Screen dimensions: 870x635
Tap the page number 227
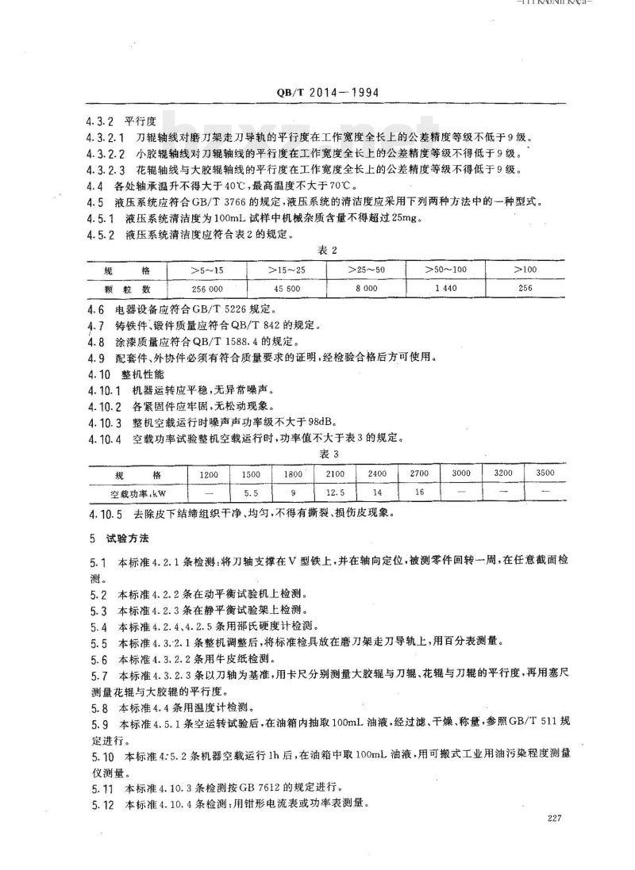click(555, 819)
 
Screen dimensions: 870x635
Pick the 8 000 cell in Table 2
click(366, 288)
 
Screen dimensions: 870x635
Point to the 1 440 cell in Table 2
click(445, 288)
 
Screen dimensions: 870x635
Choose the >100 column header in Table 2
click(525, 270)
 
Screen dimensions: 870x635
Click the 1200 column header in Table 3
click(209, 473)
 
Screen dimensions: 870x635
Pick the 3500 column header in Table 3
click(545, 473)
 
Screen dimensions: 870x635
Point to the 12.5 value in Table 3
click(335, 492)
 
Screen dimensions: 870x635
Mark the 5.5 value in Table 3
click(252, 492)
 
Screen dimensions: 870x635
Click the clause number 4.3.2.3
click(105, 170)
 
